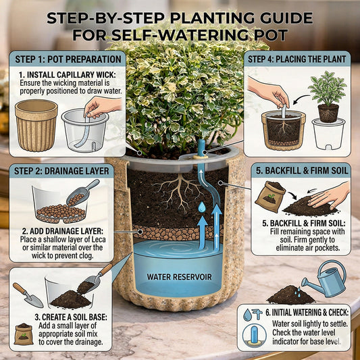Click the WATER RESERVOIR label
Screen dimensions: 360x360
point(179,277)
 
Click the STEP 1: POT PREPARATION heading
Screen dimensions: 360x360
point(68,59)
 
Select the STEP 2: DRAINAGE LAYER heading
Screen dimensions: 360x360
point(61,171)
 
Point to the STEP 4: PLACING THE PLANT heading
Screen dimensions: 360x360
point(297,59)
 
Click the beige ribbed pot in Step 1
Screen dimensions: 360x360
point(36,126)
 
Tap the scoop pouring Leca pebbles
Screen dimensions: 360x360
point(82,192)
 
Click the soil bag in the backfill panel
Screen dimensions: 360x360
point(270,197)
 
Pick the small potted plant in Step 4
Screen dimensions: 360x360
point(328,97)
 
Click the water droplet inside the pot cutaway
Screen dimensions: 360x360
point(202,207)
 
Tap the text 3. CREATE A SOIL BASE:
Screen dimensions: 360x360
point(71,317)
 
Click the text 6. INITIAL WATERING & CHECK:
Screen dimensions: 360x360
point(307,313)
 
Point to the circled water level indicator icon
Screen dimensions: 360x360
point(255,336)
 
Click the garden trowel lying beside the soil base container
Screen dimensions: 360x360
point(28,295)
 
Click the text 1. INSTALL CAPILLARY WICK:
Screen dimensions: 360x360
point(68,75)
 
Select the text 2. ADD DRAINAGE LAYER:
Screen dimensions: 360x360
point(63,231)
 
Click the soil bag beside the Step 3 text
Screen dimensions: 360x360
point(24,334)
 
